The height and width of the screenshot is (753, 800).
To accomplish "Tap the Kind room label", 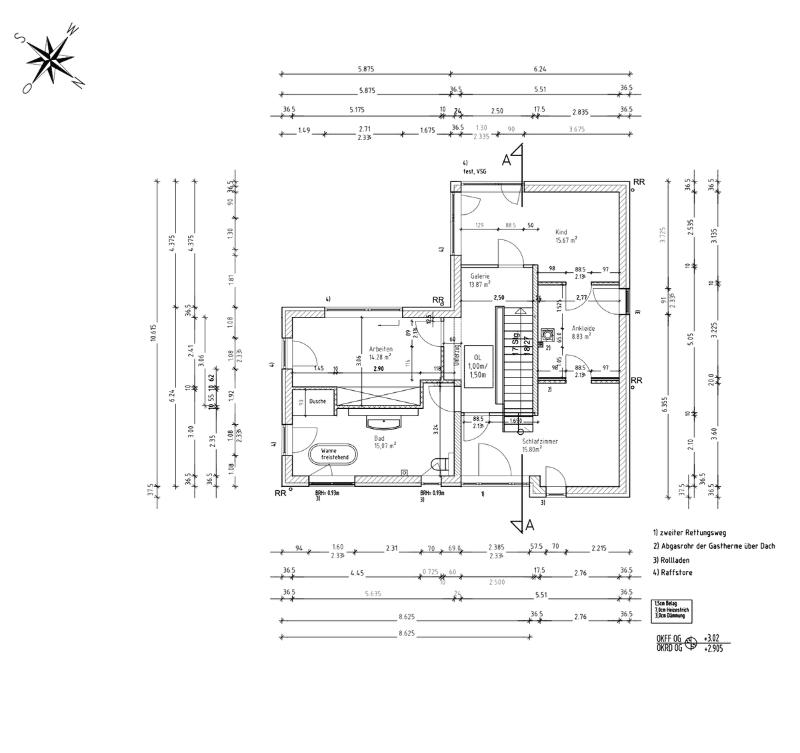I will point(561,232).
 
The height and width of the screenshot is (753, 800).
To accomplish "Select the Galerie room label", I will point(480,275).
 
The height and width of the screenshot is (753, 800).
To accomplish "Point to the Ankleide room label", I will point(583,328).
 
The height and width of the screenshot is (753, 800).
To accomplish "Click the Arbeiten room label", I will point(381,349).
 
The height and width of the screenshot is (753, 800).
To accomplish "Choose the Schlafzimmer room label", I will point(539,442).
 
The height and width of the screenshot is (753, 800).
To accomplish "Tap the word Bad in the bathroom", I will point(379,438).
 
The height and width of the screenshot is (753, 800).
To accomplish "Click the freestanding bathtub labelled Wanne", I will point(333,454).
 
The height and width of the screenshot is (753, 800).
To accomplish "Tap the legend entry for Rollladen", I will point(671,560).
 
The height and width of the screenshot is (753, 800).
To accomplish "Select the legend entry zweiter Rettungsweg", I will point(689,533).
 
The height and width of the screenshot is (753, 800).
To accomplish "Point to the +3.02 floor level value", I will point(713,638).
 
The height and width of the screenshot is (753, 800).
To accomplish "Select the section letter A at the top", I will point(507,160).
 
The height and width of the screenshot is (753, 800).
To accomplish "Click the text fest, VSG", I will point(475,171).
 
